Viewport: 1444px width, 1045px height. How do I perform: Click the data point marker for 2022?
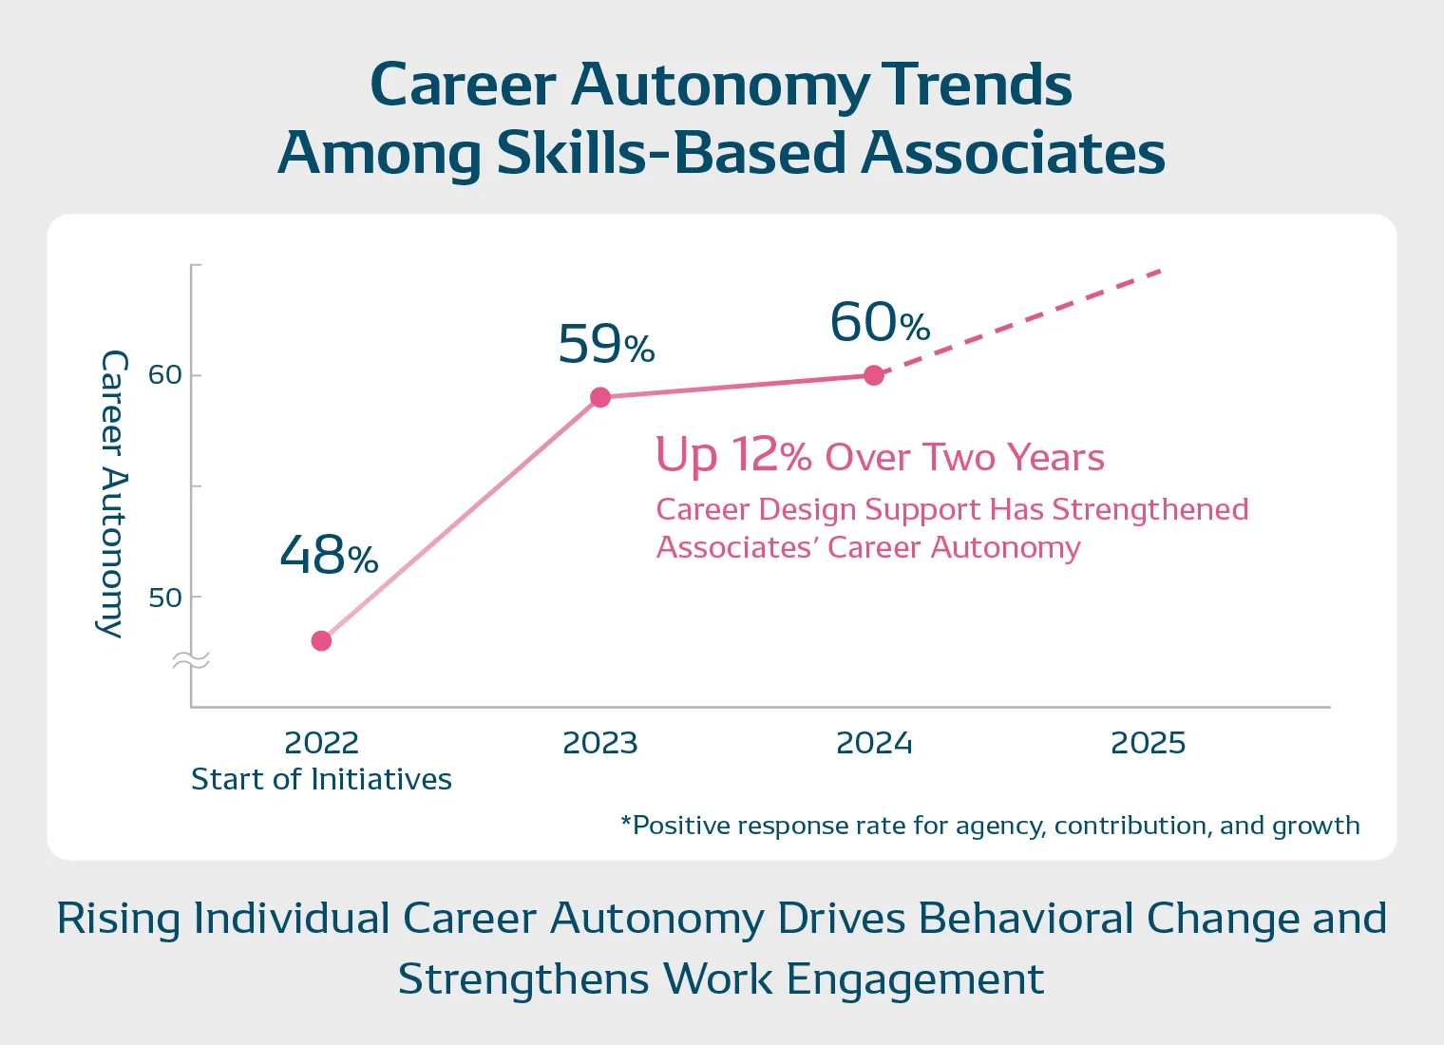click(321, 641)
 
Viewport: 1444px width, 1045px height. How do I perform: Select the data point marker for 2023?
click(600, 397)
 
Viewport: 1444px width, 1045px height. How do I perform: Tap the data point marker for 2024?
click(874, 375)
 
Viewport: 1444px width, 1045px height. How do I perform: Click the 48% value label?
click(329, 555)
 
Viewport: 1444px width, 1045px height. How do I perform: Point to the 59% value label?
click(606, 344)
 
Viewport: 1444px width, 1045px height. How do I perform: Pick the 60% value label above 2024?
click(880, 322)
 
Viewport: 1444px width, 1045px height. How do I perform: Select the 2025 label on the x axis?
click(1148, 743)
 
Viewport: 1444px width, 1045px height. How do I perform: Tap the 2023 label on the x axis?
click(600, 743)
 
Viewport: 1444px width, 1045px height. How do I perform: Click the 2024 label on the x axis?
click(874, 743)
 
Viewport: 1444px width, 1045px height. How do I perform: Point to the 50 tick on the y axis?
click(164, 598)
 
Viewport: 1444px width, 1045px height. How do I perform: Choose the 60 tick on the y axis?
click(164, 375)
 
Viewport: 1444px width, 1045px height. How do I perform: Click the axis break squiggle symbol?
click(191, 661)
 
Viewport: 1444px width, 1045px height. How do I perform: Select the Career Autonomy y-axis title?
click(112, 494)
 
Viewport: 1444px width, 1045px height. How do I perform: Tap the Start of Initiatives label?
click(321, 780)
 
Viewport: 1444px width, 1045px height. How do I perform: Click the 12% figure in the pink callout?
click(770, 455)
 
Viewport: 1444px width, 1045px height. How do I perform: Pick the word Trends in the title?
click(978, 85)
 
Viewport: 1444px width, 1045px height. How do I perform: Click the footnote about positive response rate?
click(990, 826)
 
